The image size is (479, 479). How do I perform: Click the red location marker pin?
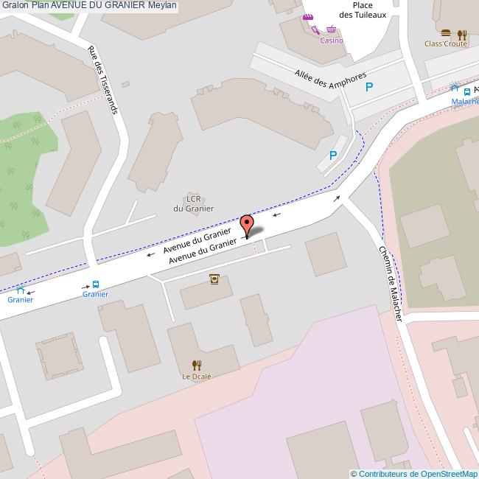click(x=247, y=224)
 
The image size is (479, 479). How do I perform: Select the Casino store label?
click(x=331, y=41)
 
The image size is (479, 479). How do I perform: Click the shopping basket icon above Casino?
click(x=332, y=30)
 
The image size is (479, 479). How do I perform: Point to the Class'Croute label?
click(x=446, y=43)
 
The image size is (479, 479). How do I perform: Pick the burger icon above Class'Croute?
click(x=446, y=33)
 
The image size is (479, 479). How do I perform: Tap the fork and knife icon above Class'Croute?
click(x=461, y=34)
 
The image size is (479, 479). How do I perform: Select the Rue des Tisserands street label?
click(x=102, y=79)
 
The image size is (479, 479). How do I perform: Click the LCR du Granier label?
click(x=194, y=203)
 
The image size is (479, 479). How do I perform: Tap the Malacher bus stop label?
click(x=465, y=102)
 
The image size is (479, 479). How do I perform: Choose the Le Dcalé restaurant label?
click(x=197, y=376)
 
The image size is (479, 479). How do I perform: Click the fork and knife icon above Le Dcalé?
click(x=197, y=365)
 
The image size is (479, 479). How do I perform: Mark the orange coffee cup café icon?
click(x=214, y=279)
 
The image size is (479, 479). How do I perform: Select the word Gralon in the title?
click(x=15, y=5)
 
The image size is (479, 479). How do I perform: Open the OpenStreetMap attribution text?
click(x=414, y=474)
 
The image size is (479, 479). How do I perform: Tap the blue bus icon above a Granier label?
click(x=96, y=284)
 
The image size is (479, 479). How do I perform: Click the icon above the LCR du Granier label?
click(x=195, y=189)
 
